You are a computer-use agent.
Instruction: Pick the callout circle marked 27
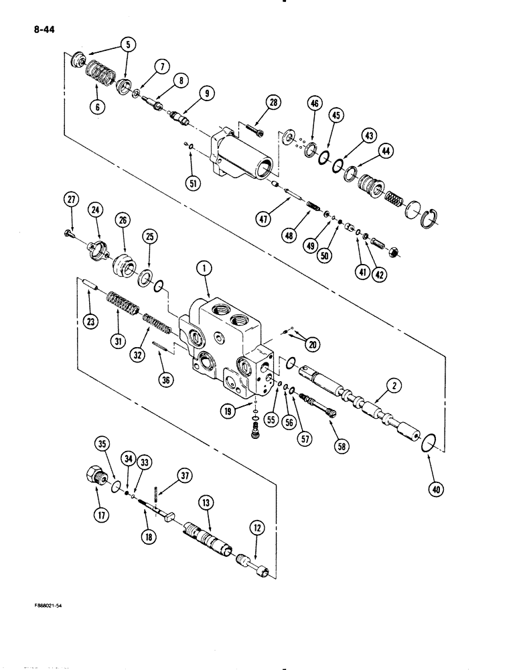72,198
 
